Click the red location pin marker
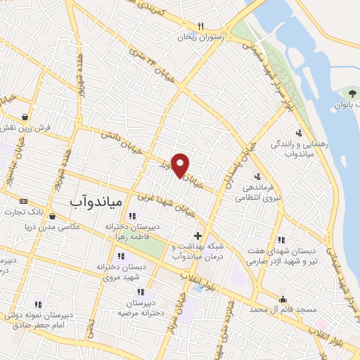coord(181,165)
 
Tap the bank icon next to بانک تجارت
coord(23,200)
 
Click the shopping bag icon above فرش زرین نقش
coord(25,117)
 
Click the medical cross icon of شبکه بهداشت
coord(198,236)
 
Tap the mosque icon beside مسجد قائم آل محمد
coord(283,298)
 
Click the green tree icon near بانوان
coord(352,93)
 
